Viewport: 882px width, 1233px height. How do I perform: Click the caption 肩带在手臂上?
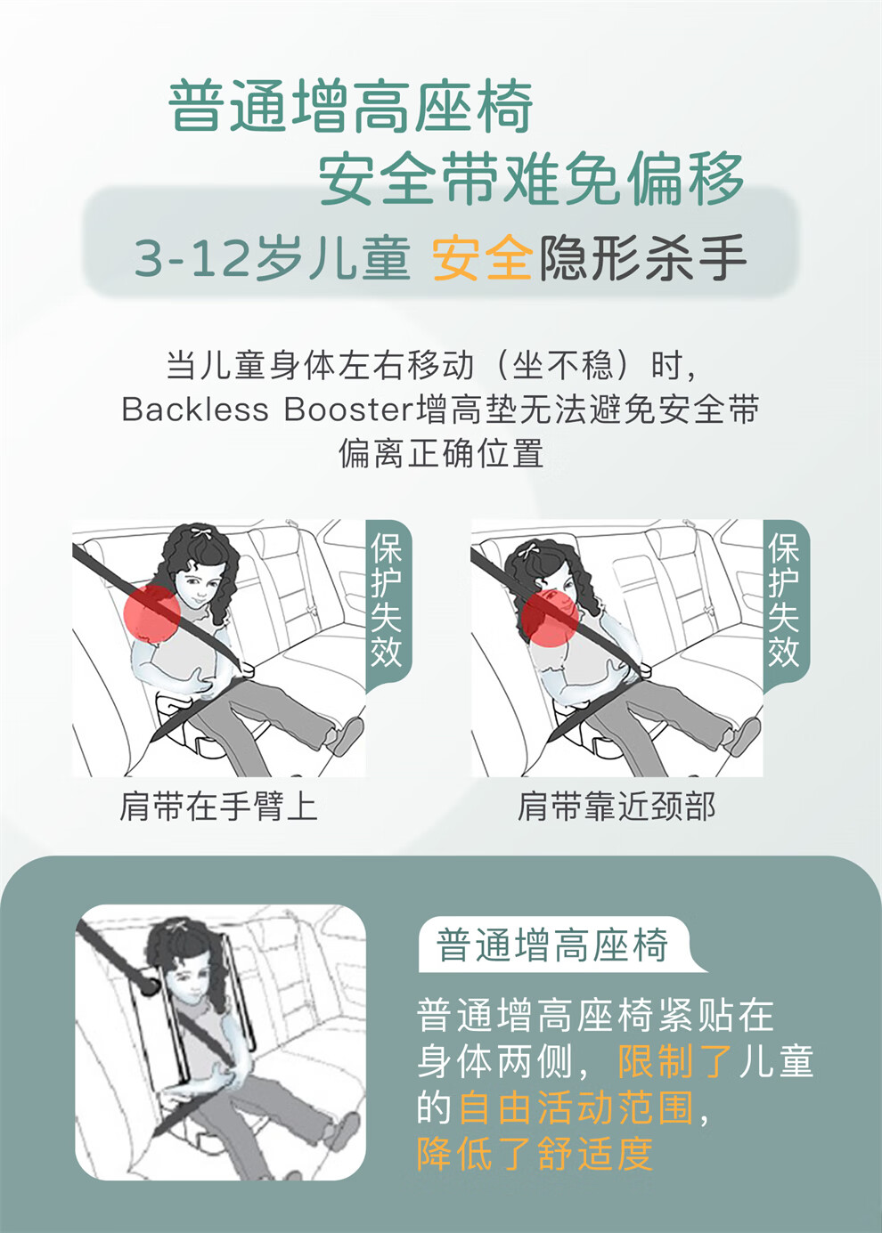coord(218,807)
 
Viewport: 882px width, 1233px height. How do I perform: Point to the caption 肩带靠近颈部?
coord(617,807)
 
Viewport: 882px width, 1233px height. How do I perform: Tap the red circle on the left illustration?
coord(152,613)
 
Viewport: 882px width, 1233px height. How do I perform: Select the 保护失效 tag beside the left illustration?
coord(387,604)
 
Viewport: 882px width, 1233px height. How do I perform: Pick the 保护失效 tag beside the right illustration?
coord(785,604)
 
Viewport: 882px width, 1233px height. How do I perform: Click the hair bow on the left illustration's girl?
coord(200,533)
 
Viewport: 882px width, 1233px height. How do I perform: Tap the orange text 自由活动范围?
coord(576,1107)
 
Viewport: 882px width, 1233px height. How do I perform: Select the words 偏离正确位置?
coord(441,453)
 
